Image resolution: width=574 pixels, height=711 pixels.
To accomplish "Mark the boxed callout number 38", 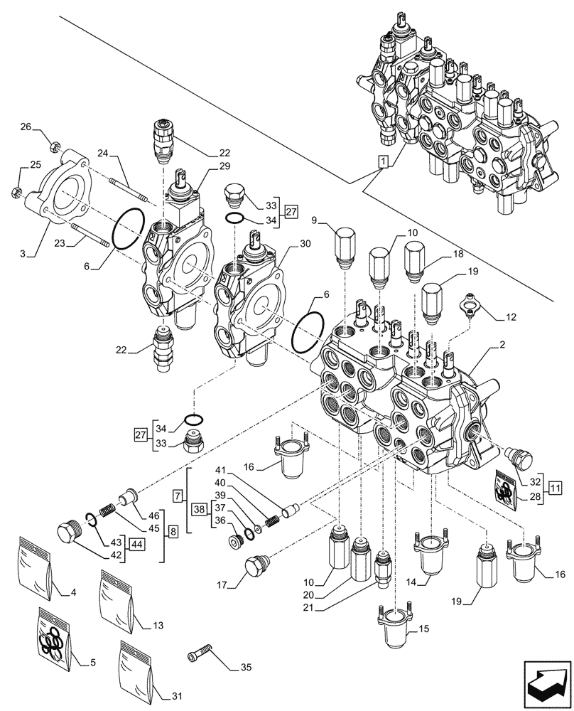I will tap(200, 509).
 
